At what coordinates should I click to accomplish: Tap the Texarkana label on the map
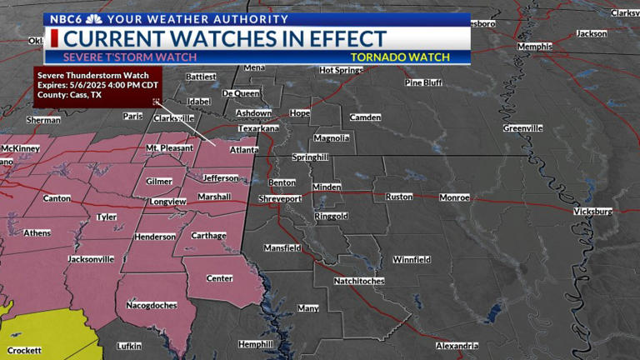pos(257,129)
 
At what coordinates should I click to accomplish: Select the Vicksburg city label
pos(593,212)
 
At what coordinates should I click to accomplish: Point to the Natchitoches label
pos(358,281)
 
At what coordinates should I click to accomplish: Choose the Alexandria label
pos(457,345)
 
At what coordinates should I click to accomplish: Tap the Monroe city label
pos(454,197)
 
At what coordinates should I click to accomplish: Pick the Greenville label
pos(522,128)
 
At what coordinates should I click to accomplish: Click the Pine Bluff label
pos(423,82)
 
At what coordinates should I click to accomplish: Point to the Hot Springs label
pos(341,70)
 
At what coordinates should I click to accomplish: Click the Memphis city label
pos(534,47)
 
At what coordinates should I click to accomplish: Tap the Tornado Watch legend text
pos(400,57)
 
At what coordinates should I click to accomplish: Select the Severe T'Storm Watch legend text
pos(130,57)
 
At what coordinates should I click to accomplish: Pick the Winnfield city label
pos(412,259)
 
